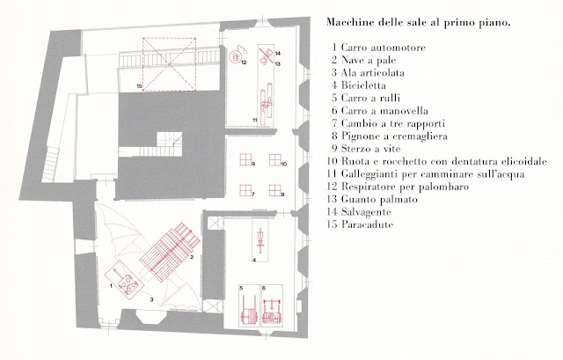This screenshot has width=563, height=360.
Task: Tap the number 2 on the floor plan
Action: click(191, 257)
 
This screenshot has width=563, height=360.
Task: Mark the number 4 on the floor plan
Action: click(253, 261)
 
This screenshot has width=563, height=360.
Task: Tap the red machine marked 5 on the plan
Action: click(247, 307)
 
